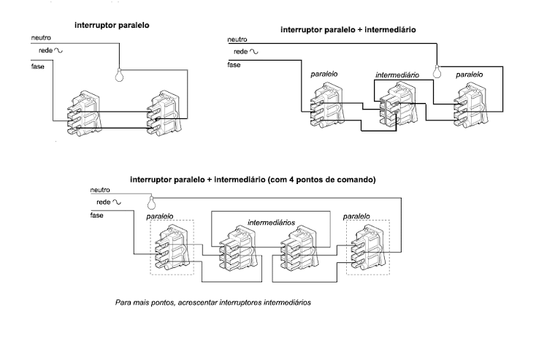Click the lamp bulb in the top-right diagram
[439, 71]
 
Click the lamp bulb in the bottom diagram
[152, 202]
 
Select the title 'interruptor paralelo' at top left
[112, 25]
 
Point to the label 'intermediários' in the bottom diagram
[271, 221]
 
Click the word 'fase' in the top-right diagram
[234, 65]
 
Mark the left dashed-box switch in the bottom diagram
[172, 248]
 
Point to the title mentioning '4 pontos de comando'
[253, 179]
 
